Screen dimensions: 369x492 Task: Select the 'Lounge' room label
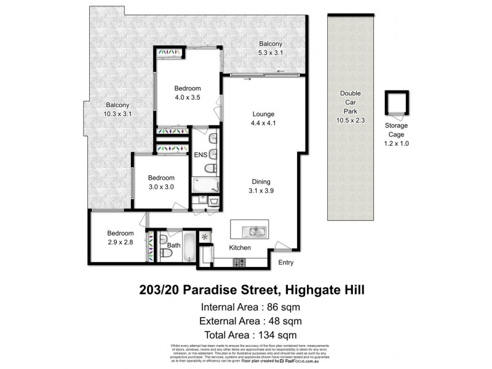[x=263, y=114]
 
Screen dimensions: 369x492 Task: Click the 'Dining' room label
[x=262, y=181]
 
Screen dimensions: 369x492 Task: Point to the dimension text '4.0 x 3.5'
[x=188, y=97]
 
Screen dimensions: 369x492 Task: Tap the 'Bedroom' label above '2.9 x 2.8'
[x=120, y=233]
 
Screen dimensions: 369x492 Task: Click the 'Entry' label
[x=286, y=263]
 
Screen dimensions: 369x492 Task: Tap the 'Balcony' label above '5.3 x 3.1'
[x=271, y=44]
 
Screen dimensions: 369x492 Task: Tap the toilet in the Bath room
[x=165, y=252]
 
